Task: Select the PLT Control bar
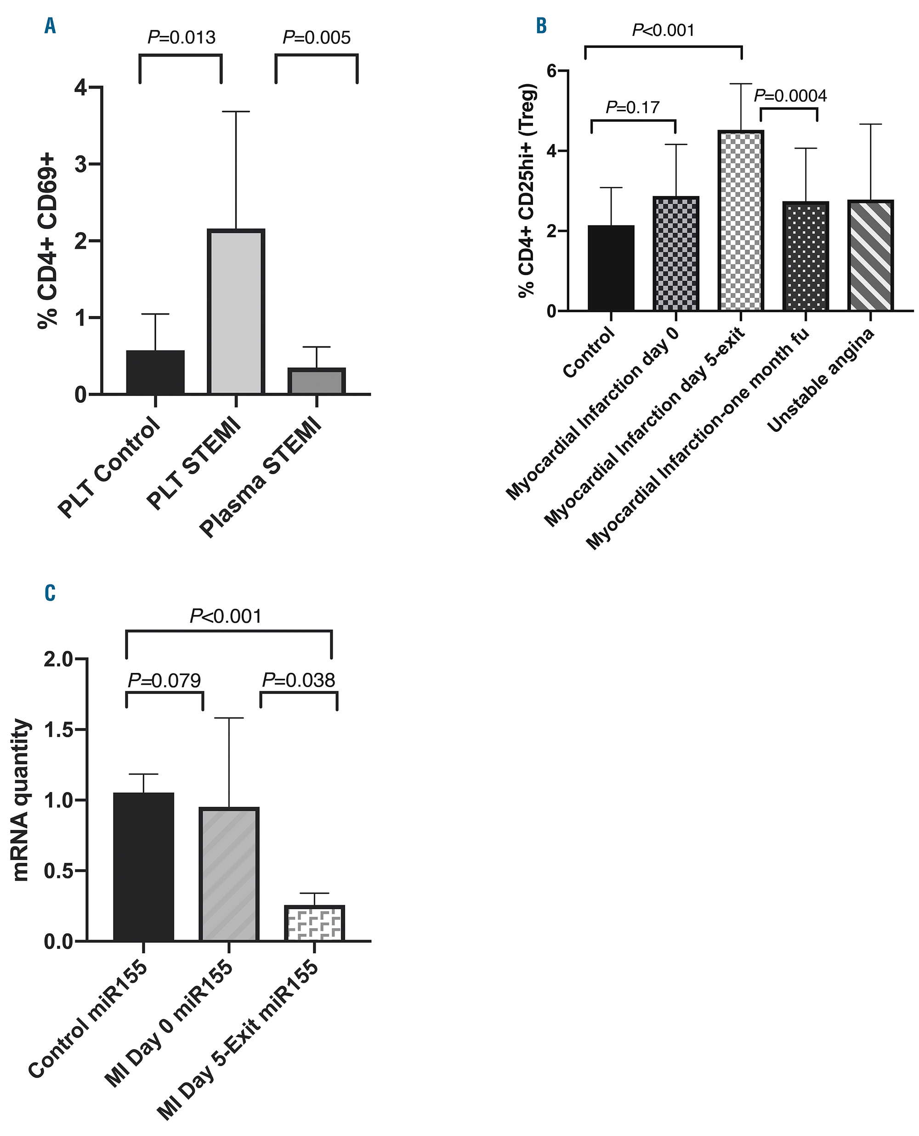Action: coord(155,372)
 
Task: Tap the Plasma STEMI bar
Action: coord(317,381)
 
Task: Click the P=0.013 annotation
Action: coord(181,38)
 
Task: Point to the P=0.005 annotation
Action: coord(317,38)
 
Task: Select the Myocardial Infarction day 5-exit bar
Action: coord(741,220)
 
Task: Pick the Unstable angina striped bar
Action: coord(870,255)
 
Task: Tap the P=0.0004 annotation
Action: coord(790,96)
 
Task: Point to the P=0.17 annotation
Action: coord(633,108)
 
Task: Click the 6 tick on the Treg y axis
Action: coord(552,70)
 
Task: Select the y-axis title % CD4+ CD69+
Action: coord(48,241)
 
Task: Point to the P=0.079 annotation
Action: coord(165,680)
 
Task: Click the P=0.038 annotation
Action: coord(299,680)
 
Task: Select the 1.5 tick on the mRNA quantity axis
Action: coord(58,730)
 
